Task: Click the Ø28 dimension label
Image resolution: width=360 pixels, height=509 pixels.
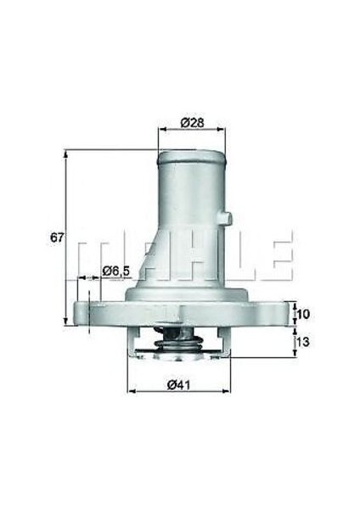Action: [x=193, y=122]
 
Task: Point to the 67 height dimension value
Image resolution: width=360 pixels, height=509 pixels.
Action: [x=56, y=238]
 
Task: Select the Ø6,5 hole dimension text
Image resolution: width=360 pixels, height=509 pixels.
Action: [x=115, y=271]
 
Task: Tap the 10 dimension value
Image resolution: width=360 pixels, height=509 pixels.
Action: [x=302, y=314]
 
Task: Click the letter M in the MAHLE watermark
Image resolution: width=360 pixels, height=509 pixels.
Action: [x=93, y=254]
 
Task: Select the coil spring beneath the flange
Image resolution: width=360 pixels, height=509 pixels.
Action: [x=177, y=343]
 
